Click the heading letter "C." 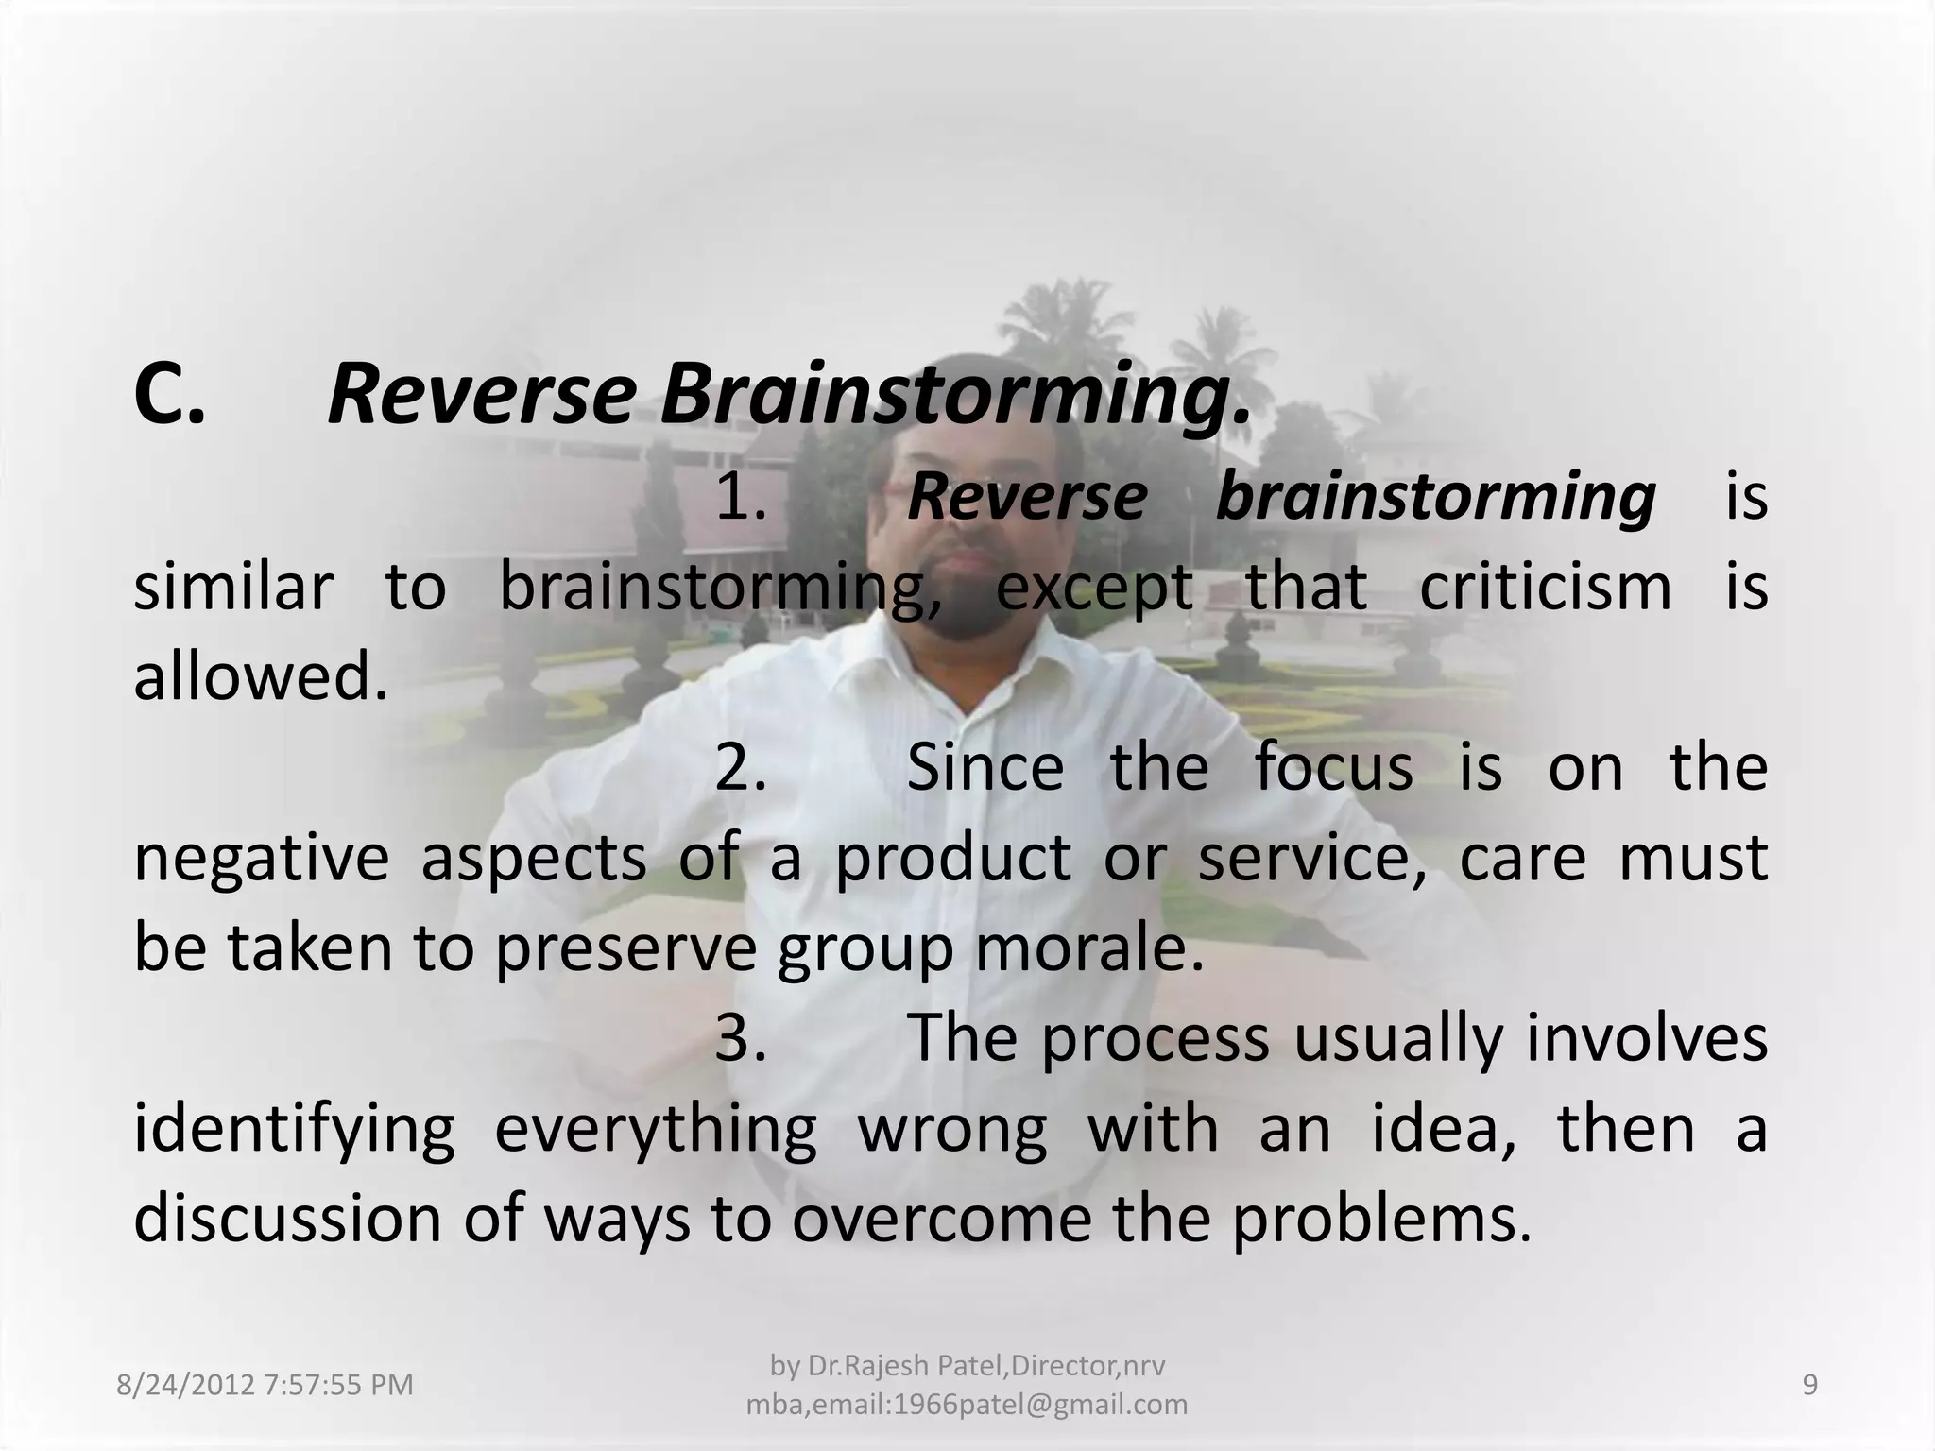point(170,397)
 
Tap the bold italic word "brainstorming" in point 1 point(1435,498)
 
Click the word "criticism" point(1545,588)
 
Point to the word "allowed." point(261,678)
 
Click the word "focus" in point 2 point(1333,768)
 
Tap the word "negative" point(261,859)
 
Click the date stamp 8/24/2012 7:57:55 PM point(265,1385)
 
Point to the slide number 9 point(1810,1385)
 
